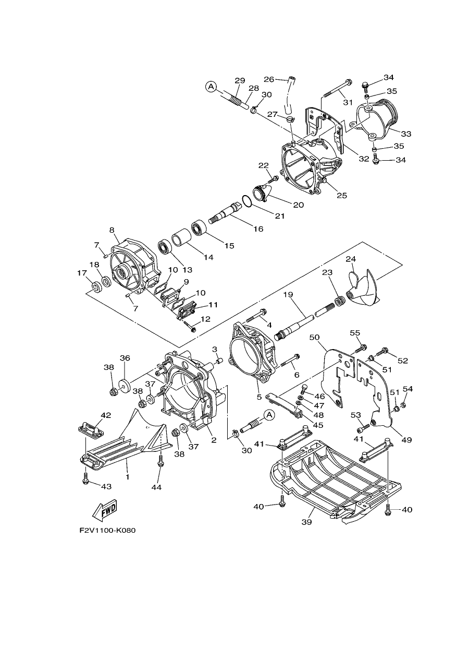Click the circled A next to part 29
point(211,87)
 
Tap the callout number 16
point(258,229)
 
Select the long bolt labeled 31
point(337,87)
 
